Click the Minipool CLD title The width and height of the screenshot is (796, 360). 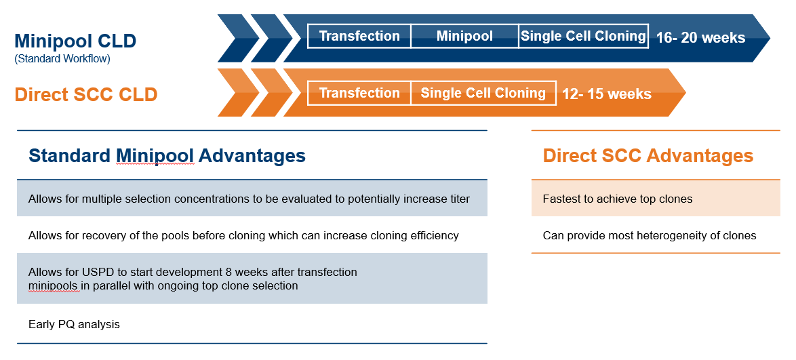75,41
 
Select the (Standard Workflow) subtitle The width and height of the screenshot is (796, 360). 62,59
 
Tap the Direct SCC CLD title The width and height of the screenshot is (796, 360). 86,94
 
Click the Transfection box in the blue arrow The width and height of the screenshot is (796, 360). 359,36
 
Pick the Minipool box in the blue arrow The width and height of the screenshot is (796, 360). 464,36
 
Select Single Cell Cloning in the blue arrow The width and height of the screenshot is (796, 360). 583,36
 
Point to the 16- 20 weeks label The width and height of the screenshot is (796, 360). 700,38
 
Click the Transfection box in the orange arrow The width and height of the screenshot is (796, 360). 359,93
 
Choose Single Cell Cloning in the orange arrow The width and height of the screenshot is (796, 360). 483,93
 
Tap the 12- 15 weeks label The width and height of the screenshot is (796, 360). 607,94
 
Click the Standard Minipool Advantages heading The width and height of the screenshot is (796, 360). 167,156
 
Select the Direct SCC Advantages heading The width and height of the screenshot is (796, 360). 648,156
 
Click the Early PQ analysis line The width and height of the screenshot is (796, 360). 74,324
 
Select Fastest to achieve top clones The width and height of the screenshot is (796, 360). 617,199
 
